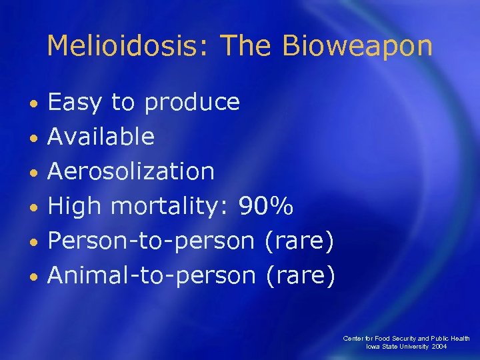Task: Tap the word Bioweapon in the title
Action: pyautogui.click(x=357, y=45)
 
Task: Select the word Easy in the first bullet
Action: pyautogui.click(x=75, y=103)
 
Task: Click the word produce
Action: pyautogui.click(x=192, y=103)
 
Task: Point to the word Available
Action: pyautogui.click(x=101, y=137)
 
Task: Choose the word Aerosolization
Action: pyautogui.click(x=131, y=171)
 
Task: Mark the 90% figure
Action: pyautogui.click(x=265, y=205)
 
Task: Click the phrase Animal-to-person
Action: pyautogui.click(x=152, y=274)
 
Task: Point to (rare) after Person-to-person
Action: pyautogui.click(x=299, y=240)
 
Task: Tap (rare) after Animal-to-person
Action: pyautogui.click(x=300, y=274)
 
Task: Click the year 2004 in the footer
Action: pyautogui.click(x=439, y=347)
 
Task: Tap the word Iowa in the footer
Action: pyautogui.click(x=374, y=347)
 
